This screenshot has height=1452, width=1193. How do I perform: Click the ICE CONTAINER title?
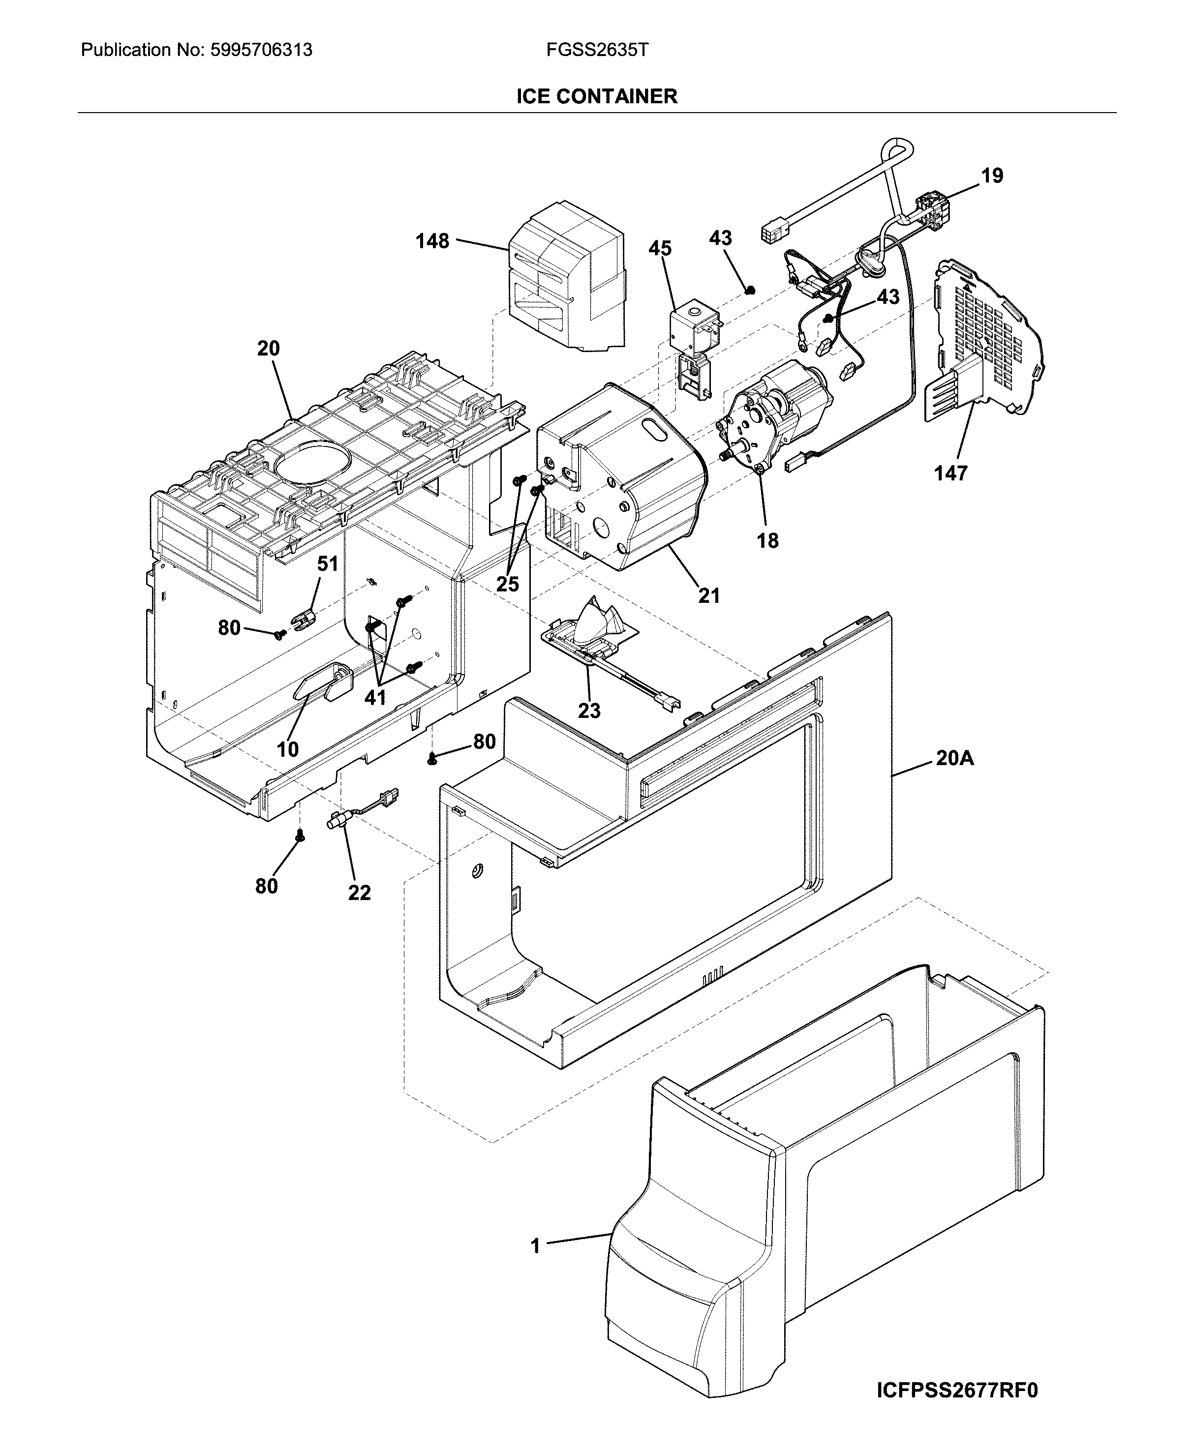click(x=596, y=96)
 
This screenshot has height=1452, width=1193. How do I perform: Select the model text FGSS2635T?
click(x=596, y=50)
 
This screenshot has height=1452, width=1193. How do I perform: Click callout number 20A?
click(x=954, y=758)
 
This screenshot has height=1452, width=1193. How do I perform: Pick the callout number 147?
click(x=950, y=473)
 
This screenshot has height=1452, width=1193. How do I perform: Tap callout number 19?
click(x=992, y=176)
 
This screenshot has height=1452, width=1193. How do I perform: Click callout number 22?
click(x=360, y=892)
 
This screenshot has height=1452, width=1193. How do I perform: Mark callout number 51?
click(x=328, y=564)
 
